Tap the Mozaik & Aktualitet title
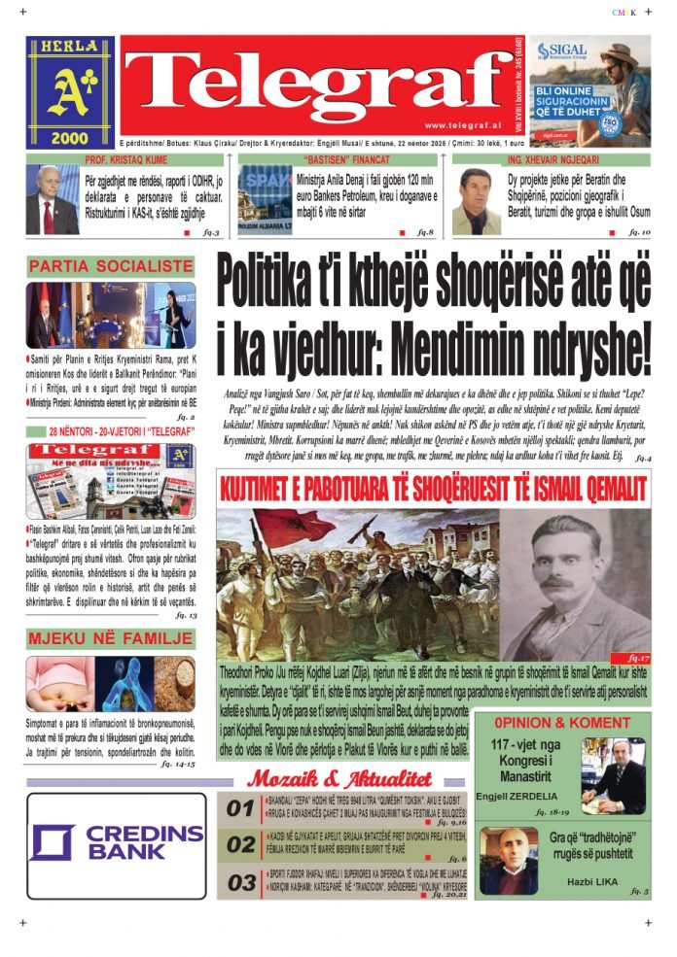338,778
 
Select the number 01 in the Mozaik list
240,808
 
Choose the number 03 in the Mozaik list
240,882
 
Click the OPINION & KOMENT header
561,723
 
